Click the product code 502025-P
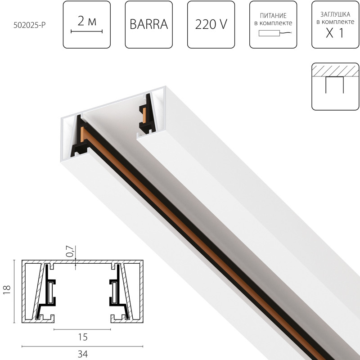point(30,25)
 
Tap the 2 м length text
point(87,20)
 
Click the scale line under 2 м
point(87,31)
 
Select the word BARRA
point(148,25)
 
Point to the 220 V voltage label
point(211,25)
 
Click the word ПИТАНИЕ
point(273,15)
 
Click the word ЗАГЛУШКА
point(335,13)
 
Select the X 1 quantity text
point(335,34)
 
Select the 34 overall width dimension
point(82,354)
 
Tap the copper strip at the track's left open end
point(82,135)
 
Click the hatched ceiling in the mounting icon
point(335,71)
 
